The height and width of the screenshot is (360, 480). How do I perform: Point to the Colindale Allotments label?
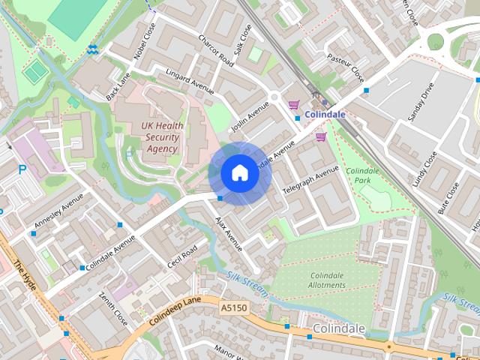(327, 280)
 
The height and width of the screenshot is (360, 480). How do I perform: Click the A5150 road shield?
(233, 307)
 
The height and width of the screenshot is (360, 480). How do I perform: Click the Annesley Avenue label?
(58, 213)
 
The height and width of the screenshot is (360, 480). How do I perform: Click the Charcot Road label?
(217, 50)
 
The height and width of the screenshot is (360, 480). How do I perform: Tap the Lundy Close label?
(424, 169)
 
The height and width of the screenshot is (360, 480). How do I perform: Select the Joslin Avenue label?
(249, 118)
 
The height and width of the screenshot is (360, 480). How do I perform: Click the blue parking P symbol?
(22, 170)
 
